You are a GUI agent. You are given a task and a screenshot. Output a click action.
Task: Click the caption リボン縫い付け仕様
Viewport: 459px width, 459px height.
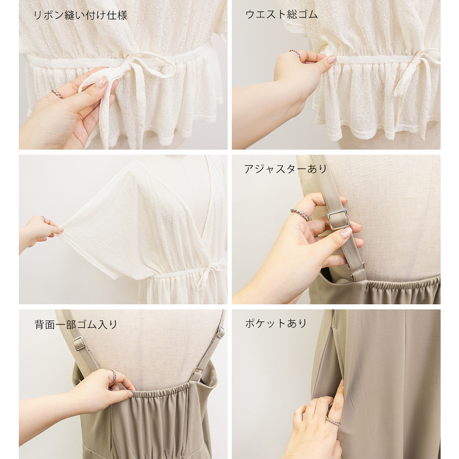[x=80, y=15]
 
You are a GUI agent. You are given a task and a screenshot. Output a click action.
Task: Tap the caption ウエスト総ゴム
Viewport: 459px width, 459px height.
[x=281, y=14]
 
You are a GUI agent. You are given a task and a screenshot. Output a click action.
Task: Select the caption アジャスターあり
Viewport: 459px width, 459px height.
[x=285, y=169]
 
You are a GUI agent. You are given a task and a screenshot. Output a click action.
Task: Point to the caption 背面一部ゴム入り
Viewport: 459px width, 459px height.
[x=76, y=325]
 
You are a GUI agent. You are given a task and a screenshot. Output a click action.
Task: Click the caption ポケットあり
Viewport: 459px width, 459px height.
[x=276, y=323]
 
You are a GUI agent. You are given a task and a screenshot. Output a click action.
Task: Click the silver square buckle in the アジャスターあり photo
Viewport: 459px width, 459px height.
[x=338, y=219]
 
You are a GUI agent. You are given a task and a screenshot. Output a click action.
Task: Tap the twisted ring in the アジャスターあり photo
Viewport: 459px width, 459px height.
[x=300, y=214]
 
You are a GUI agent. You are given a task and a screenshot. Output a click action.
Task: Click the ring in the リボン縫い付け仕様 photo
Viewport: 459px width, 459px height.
[x=57, y=94]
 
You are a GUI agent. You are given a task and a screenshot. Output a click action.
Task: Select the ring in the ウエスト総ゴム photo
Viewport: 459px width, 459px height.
[x=295, y=53]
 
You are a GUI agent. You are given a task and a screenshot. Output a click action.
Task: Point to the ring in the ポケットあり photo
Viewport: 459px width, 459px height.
[x=333, y=421]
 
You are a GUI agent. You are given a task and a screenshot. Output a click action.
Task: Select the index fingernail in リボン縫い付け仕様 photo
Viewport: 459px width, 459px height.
[x=101, y=82]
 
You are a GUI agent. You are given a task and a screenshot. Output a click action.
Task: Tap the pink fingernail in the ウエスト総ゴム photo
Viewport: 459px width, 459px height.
[x=332, y=59]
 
